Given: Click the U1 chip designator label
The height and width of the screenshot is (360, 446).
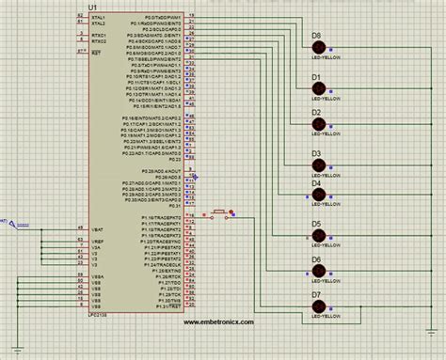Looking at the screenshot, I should point(91,7).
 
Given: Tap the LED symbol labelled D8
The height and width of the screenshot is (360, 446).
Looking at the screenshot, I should point(318,48).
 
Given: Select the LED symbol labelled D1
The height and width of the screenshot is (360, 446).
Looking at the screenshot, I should point(318,87).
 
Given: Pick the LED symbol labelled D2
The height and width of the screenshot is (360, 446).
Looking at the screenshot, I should point(318,124).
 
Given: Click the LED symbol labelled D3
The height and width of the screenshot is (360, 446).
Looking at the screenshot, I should point(318,165).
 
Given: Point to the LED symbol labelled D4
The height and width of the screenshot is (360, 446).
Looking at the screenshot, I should point(318,195).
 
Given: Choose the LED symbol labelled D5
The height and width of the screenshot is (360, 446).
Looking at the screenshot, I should point(318,235).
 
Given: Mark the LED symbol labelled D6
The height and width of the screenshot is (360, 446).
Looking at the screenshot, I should point(318,272).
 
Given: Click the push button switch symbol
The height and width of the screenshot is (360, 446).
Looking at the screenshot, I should point(219,214).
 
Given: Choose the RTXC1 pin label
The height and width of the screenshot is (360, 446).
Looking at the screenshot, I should point(99,37).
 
